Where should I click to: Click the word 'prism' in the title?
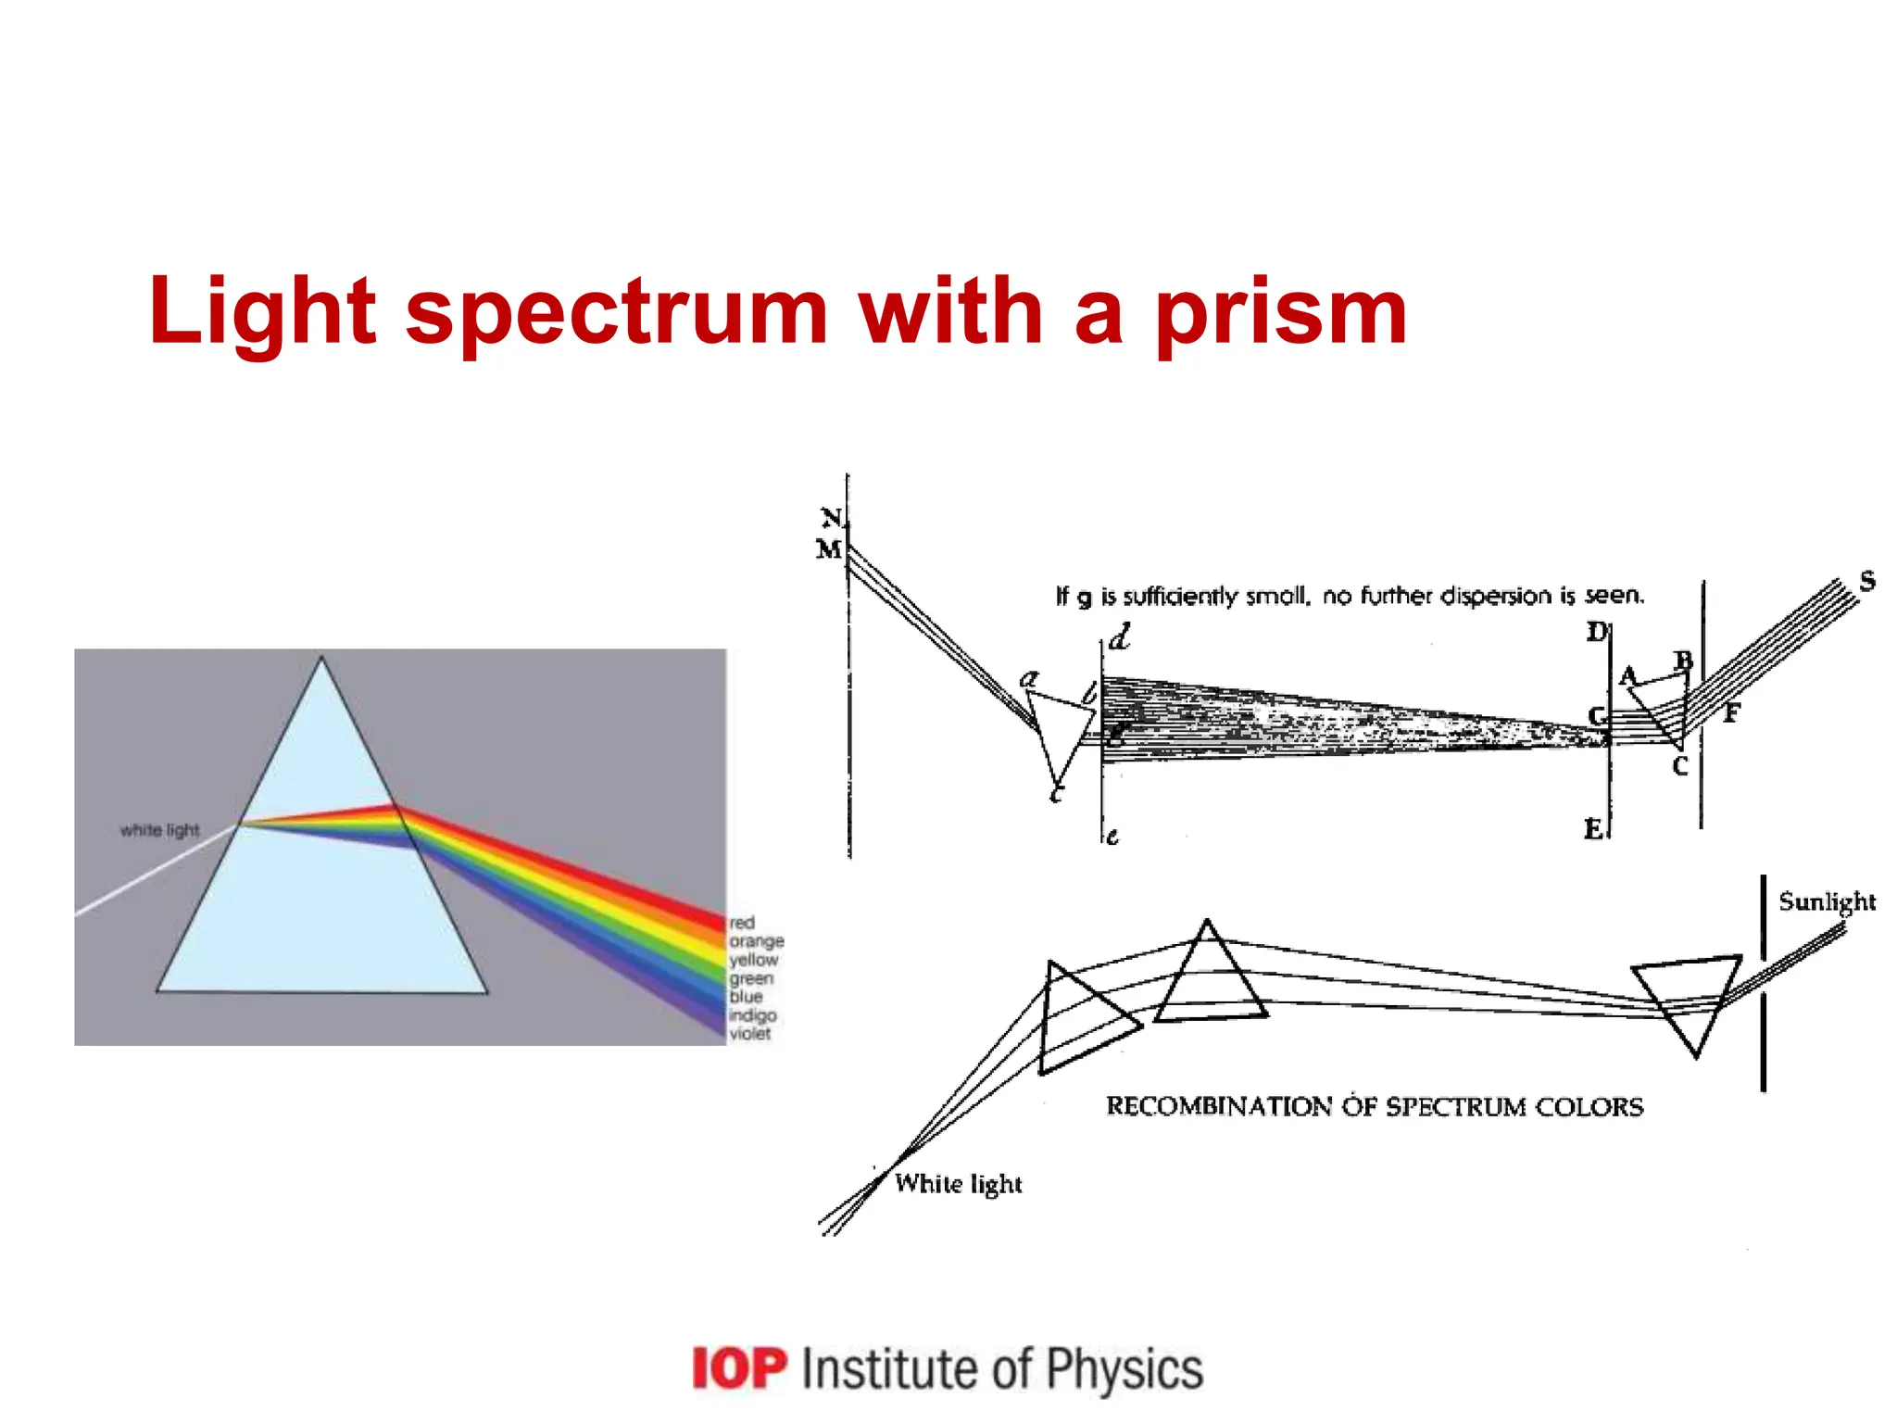click(1280, 313)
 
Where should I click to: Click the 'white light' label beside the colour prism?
click(159, 830)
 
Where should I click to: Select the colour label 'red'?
click(742, 923)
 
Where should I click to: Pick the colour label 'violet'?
click(749, 1034)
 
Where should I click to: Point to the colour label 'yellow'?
click(754, 960)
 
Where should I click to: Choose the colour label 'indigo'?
click(752, 1015)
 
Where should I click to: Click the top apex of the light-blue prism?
click(321, 659)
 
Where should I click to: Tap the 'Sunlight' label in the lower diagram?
click(1827, 902)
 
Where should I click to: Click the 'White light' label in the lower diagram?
click(959, 1184)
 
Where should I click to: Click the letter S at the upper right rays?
click(1867, 581)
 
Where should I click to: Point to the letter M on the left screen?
click(828, 549)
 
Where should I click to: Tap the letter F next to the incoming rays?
click(1731, 712)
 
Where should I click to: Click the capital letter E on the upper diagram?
click(1593, 828)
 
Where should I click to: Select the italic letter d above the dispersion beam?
click(1120, 637)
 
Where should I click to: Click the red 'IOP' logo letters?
click(739, 1369)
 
